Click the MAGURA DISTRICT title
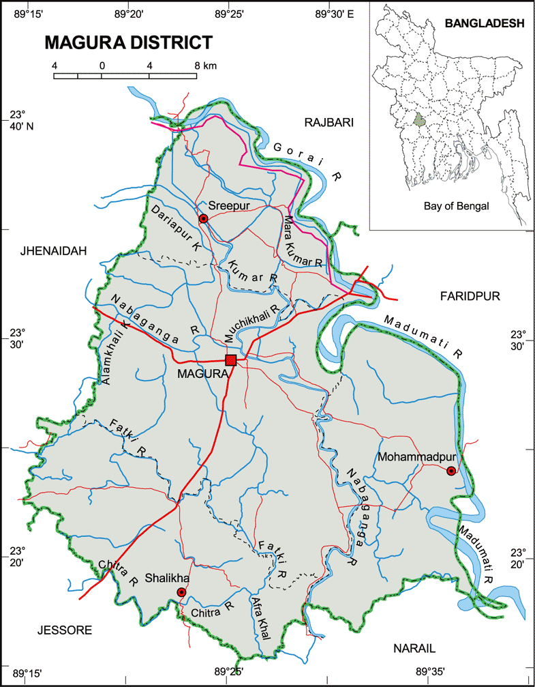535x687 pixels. [128, 43]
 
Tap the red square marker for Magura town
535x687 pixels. [231, 360]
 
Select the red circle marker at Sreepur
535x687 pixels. [202, 218]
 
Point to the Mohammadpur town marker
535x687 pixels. [450, 471]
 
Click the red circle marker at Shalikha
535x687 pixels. [181, 592]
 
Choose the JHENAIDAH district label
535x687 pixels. [55, 251]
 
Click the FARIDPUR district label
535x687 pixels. [470, 295]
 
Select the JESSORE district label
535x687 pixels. [64, 630]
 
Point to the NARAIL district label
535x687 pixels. [414, 647]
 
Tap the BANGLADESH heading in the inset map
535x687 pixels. [484, 23]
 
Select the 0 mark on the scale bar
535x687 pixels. [102, 65]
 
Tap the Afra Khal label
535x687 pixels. [261, 618]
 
